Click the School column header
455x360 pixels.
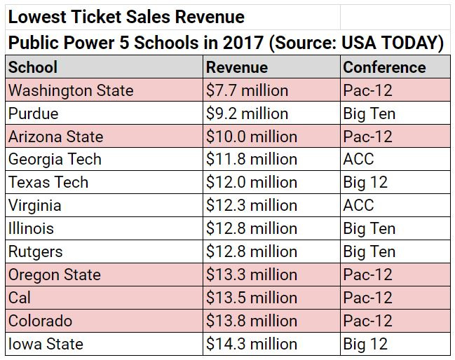[33, 67]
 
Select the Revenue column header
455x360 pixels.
[236, 67]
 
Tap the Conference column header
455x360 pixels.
[383, 67]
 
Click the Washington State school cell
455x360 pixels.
[71, 90]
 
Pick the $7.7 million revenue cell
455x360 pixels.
[247, 90]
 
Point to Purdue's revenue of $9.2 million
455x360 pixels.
[247, 113]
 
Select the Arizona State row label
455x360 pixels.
[55, 137]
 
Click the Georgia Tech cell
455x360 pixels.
[55, 160]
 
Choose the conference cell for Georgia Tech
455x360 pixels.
[358, 160]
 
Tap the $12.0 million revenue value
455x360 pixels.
[251, 183]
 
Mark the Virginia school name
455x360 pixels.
[34, 206]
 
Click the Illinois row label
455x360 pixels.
[31, 229]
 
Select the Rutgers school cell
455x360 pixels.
[35, 251]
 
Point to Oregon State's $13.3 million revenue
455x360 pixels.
[251, 275]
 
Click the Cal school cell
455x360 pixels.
[20, 298]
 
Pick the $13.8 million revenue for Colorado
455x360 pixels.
[251, 321]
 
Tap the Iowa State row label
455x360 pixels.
[46, 344]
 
